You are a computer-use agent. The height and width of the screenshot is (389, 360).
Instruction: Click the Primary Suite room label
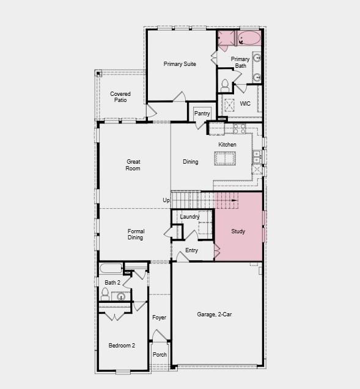[x=180, y=64]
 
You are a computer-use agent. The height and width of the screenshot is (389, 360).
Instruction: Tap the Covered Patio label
[x=120, y=96]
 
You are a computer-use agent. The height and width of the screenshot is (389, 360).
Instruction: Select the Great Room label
[x=133, y=165]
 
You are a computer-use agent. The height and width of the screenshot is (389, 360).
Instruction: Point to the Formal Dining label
[x=136, y=234]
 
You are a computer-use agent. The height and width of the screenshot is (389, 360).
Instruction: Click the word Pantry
[x=202, y=114]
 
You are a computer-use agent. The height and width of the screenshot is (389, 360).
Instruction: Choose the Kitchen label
[x=227, y=145]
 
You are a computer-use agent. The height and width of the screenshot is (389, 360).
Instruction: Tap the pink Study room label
[x=238, y=231]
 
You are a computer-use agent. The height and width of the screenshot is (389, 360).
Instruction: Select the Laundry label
[x=189, y=217]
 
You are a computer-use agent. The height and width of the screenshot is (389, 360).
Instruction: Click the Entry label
[x=191, y=250]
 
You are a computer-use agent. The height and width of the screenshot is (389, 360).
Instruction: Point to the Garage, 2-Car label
[x=215, y=314]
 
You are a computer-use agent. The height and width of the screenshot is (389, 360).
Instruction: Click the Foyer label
[x=159, y=318]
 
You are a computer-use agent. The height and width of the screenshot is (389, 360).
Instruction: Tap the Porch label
[x=160, y=355]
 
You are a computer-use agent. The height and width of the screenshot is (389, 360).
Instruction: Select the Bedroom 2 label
[x=122, y=346]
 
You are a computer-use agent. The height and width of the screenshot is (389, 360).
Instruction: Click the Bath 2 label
[x=112, y=283]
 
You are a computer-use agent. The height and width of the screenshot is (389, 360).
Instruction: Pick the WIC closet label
[x=245, y=104]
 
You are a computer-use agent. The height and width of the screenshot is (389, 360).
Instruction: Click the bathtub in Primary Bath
[x=249, y=40]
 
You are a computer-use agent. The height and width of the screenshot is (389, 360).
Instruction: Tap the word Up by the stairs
[x=166, y=200]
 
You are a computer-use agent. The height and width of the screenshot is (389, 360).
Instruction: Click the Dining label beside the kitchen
[x=191, y=162]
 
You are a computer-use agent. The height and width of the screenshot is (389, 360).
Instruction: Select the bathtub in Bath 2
[x=111, y=269]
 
